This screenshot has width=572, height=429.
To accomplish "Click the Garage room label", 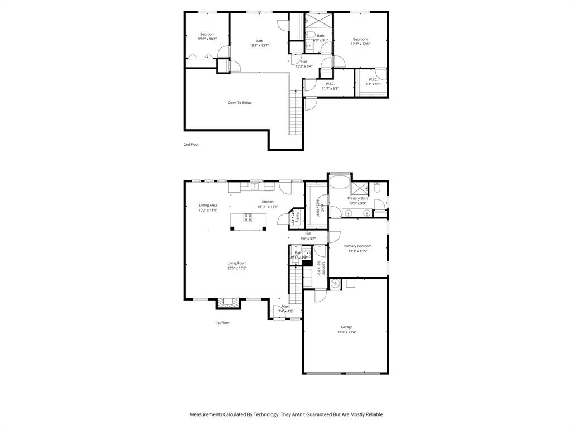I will pyautogui.click(x=346, y=327).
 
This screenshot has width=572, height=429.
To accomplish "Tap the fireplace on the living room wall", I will pyautogui.click(x=227, y=302).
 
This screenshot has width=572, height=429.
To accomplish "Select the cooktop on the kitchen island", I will pyautogui.click(x=247, y=218).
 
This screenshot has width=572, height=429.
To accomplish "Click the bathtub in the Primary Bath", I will pyautogui.click(x=339, y=183).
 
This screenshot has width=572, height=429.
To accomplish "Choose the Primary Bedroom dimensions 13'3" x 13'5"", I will pyautogui.click(x=357, y=251).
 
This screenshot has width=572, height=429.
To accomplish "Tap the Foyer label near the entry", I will pyautogui.click(x=285, y=306).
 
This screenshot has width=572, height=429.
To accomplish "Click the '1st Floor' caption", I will pyautogui.click(x=222, y=323).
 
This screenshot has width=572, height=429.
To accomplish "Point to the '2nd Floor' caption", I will pyautogui.click(x=191, y=145).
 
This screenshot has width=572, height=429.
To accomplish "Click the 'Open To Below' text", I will pyautogui.click(x=239, y=103).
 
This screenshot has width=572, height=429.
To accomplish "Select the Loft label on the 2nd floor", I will pyautogui.click(x=259, y=41).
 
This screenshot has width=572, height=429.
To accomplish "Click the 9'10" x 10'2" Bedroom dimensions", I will pyautogui.click(x=207, y=39).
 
